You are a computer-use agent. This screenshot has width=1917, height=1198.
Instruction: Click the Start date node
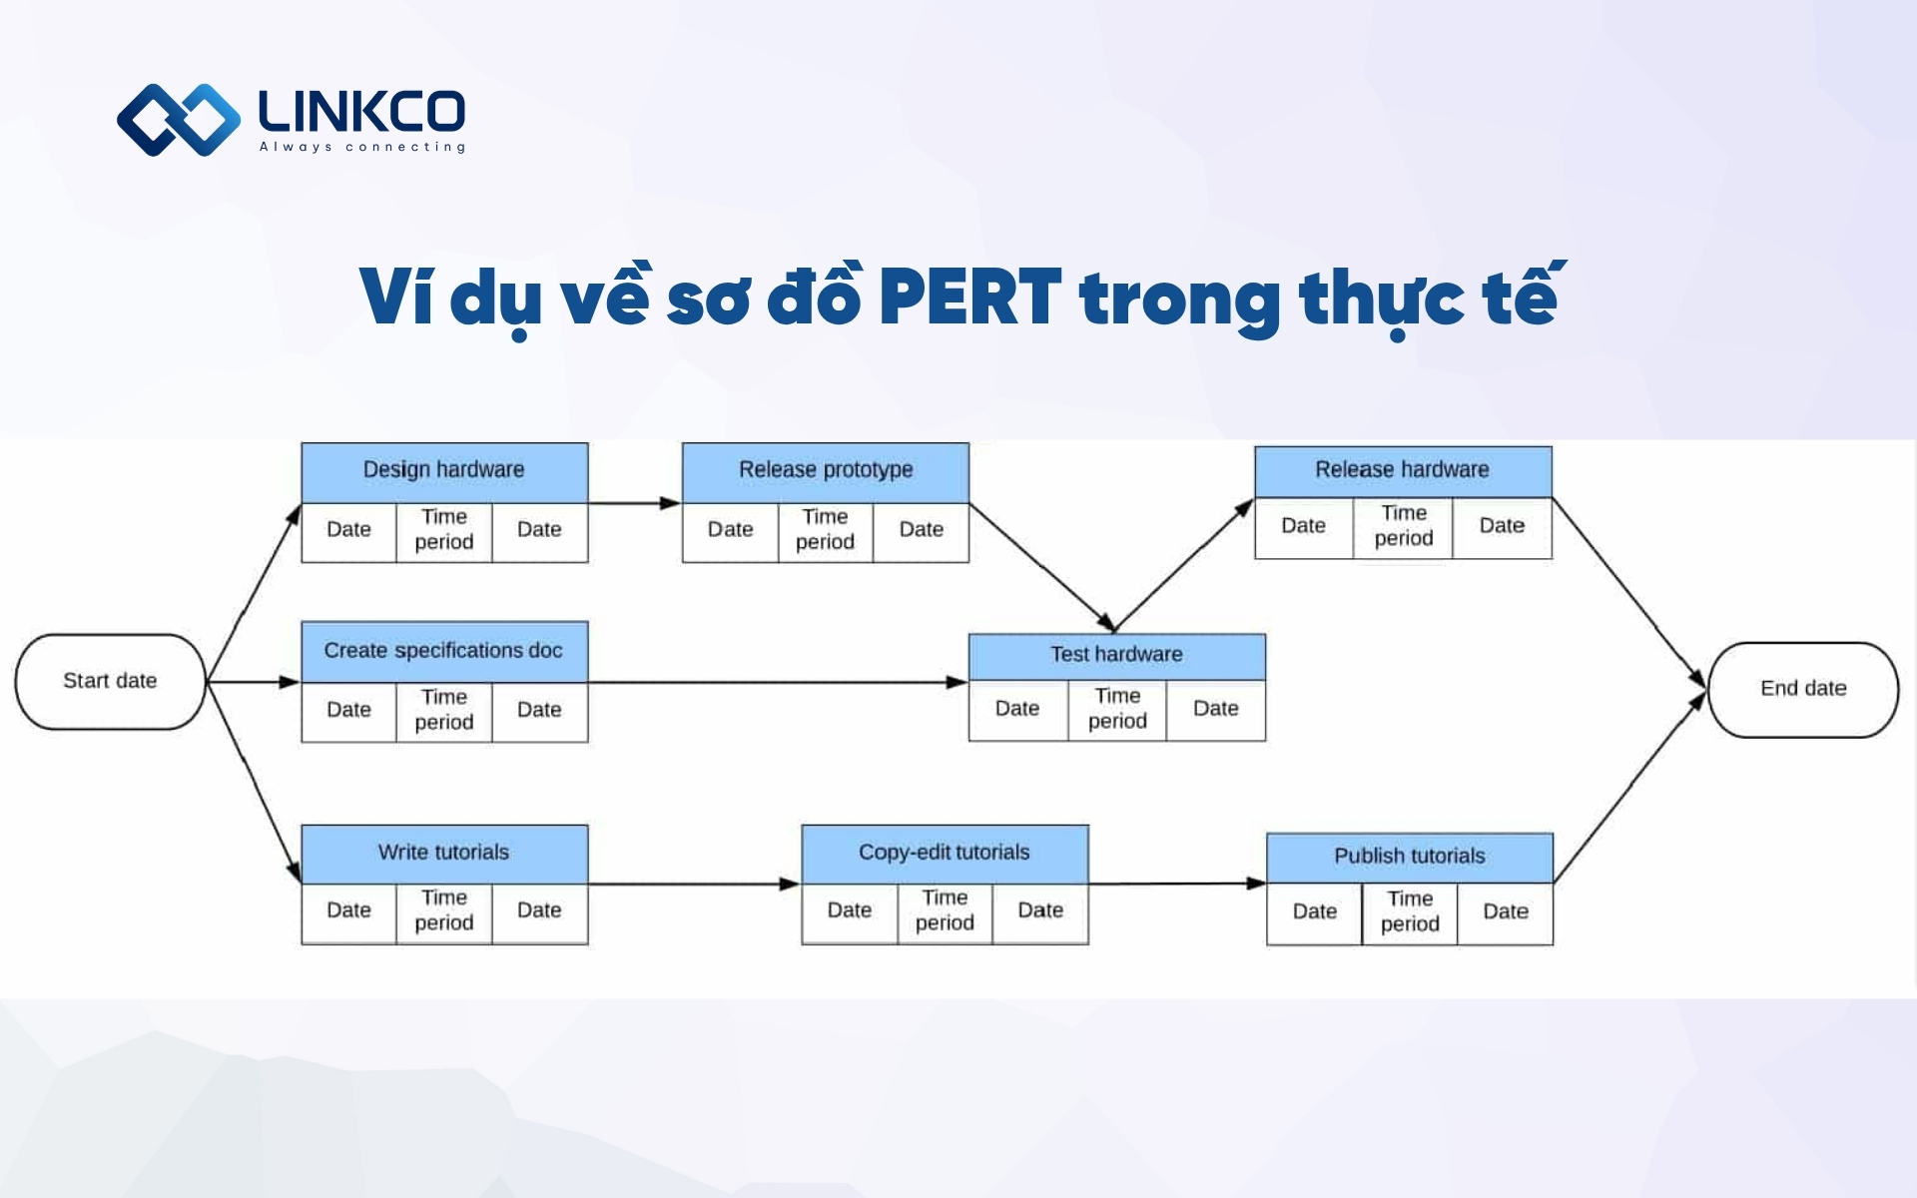click(110, 681)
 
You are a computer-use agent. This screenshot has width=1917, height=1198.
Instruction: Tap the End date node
click(1803, 689)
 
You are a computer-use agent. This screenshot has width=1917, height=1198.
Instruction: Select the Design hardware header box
click(444, 471)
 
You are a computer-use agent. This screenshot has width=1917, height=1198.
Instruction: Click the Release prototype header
click(825, 471)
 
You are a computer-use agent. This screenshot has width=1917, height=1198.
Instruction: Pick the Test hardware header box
click(1116, 656)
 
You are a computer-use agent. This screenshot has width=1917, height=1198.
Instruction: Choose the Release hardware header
click(1402, 471)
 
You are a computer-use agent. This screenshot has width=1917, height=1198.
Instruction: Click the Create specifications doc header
click(444, 651)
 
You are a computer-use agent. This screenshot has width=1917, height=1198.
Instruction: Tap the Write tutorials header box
click(444, 854)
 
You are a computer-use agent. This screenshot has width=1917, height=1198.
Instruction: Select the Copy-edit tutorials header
click(945, 854)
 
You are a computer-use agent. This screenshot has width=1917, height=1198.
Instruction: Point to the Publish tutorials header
click(1409, 857)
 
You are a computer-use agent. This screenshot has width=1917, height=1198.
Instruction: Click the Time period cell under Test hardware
click(1116, 709)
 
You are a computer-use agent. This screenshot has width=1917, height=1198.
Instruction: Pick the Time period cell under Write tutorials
click(444, 911)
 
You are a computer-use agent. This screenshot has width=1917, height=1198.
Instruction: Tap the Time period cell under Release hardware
click(1403, 526)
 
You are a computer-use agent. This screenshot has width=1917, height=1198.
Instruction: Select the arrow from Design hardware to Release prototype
click(634, 503)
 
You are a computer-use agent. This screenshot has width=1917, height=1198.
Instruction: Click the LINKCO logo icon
click(179, 120)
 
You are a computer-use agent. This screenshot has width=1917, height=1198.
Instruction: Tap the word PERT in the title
click(969, 298)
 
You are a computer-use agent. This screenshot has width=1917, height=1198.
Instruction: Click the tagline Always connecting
click(362, 148)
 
